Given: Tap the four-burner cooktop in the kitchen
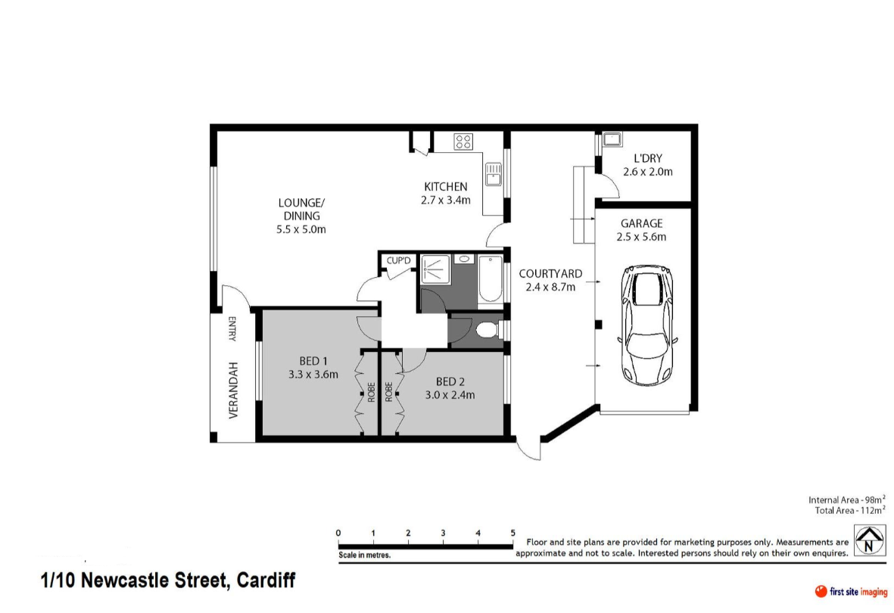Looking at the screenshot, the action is click(463, 142).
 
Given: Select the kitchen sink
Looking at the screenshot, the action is click(494, 174).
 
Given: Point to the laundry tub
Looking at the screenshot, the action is click(612, 139).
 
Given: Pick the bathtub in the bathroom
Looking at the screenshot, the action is click(490, 278).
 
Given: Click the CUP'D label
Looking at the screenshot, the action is click(398, 260).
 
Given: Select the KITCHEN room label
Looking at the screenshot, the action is click(446, 186).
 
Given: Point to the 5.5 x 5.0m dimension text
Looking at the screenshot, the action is click(301, 230).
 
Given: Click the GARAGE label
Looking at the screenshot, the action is click(641, 223).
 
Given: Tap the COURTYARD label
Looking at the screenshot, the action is click(550, 274).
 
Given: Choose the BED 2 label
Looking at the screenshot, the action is click(450, 381).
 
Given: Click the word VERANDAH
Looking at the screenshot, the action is click(233, 391).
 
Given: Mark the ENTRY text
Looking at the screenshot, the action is click(232, 329).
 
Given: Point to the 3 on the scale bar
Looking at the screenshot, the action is click(443, 534).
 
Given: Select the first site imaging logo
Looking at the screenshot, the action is click(851, 592).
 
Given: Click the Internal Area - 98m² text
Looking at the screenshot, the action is click(846, 499).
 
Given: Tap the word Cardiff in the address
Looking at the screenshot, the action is click(266, 580).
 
